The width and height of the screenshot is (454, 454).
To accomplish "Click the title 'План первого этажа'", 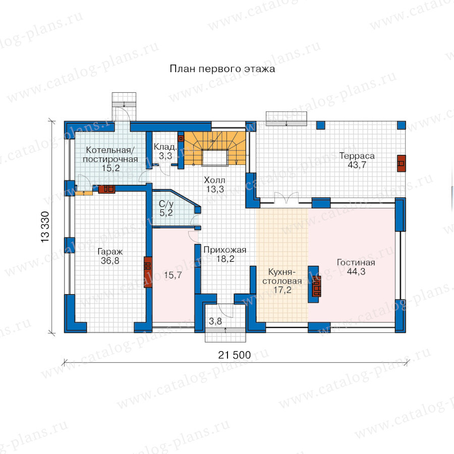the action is coord(222,69).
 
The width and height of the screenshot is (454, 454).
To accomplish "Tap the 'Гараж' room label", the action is coord(110,252).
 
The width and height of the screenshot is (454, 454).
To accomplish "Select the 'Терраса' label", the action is coord(357,156).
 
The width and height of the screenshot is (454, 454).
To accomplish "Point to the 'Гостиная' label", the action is coord(356,262).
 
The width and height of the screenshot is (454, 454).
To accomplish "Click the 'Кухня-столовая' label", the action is coord(282,276).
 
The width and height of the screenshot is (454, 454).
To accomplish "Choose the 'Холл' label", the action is coord(214,180).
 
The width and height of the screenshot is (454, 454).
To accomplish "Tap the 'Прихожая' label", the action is coord(224,250).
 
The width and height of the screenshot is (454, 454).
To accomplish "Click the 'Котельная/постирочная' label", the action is coord(110,155).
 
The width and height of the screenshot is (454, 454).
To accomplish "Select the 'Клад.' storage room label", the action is coord(165,147).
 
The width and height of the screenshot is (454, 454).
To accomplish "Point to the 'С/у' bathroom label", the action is coord(166,204).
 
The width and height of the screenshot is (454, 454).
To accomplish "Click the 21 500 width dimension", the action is coord(235,355).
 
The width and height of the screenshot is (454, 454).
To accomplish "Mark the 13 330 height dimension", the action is coord(45,227).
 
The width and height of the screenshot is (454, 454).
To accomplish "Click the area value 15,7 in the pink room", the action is coord(173,275).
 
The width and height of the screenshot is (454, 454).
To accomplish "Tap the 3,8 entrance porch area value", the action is coord(215,321).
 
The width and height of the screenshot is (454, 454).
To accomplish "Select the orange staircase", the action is coord(215,148).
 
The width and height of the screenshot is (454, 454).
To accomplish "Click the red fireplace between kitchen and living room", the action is coord(316,287).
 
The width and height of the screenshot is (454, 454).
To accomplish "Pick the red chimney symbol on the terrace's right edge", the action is coord(401,163).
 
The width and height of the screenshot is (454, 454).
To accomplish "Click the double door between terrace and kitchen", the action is coord(287,198).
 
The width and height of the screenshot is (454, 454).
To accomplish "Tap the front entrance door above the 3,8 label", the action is coord(225,311).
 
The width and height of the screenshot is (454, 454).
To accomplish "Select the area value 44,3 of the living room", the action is coord(356,271).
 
